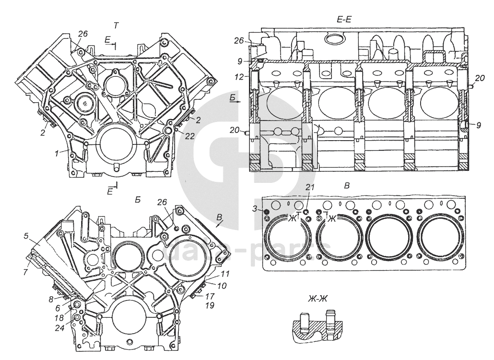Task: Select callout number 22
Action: pos(189,137)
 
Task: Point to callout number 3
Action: pos(255,208)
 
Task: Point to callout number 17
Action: pos(211,296)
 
